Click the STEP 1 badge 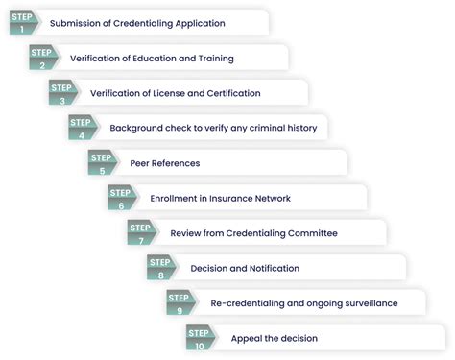click(x=23, y=21)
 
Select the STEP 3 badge click(x=62, y=92)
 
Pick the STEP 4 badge click(x=82, y=127)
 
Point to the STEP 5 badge click(x=102, y=162)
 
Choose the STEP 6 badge click(x=121, y=198)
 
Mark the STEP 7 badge click(x=141, y=232)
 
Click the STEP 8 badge click(x=160, y=268)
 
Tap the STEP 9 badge click(x=180, y=302)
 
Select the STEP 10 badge click(x=200, y=338)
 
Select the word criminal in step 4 click(x=268, y=128)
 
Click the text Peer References click(x=165, y=163)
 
